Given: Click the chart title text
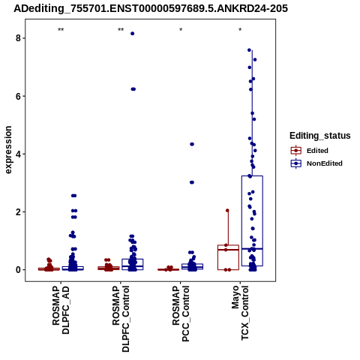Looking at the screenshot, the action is [151, 8].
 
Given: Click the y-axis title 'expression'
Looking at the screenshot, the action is [8, 150].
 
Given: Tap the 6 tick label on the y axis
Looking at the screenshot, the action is [18, 96].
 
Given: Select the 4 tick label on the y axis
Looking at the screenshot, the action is [18, 154].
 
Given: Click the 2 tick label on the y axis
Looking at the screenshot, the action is [18, 212].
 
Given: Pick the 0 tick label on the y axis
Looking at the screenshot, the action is [18, 270].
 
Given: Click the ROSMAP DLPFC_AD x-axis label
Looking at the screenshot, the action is [61, 310].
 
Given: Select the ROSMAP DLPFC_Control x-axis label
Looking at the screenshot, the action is [121, 319].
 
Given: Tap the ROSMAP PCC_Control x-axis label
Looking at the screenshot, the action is [181, 313].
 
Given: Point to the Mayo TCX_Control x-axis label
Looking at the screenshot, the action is [240, 313].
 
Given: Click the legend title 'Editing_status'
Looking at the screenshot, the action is [320, 136].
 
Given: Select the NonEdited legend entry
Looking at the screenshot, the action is [316, 163].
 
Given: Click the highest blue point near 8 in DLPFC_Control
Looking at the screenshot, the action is [133, 34].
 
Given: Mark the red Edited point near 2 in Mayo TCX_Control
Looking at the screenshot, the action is [227, 211].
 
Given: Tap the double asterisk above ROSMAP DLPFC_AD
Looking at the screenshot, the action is [61, 30].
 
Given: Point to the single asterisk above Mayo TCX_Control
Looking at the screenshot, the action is [240, 30].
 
